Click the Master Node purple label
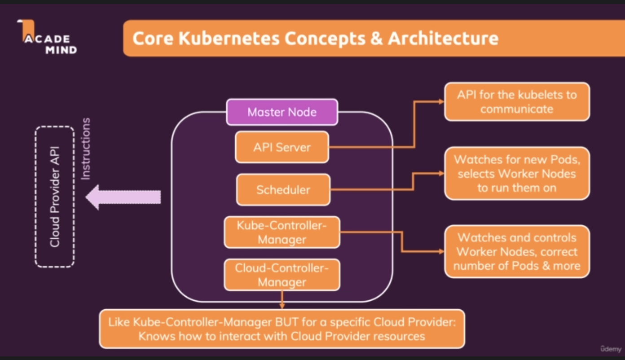coord(282,112)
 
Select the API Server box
coord(282,147)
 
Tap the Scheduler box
coord(283,189)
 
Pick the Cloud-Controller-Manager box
coord(282,275)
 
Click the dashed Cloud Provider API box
coord(55,197)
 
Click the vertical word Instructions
coord(85,149)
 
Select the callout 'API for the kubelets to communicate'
coord(517,101)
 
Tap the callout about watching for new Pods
coord(517,173)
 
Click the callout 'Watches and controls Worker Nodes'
coord(517,251)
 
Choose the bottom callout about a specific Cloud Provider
coord(282,329)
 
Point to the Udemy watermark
coord(610,349)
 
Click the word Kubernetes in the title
coord(229,39)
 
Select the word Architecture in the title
coord(443,39)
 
